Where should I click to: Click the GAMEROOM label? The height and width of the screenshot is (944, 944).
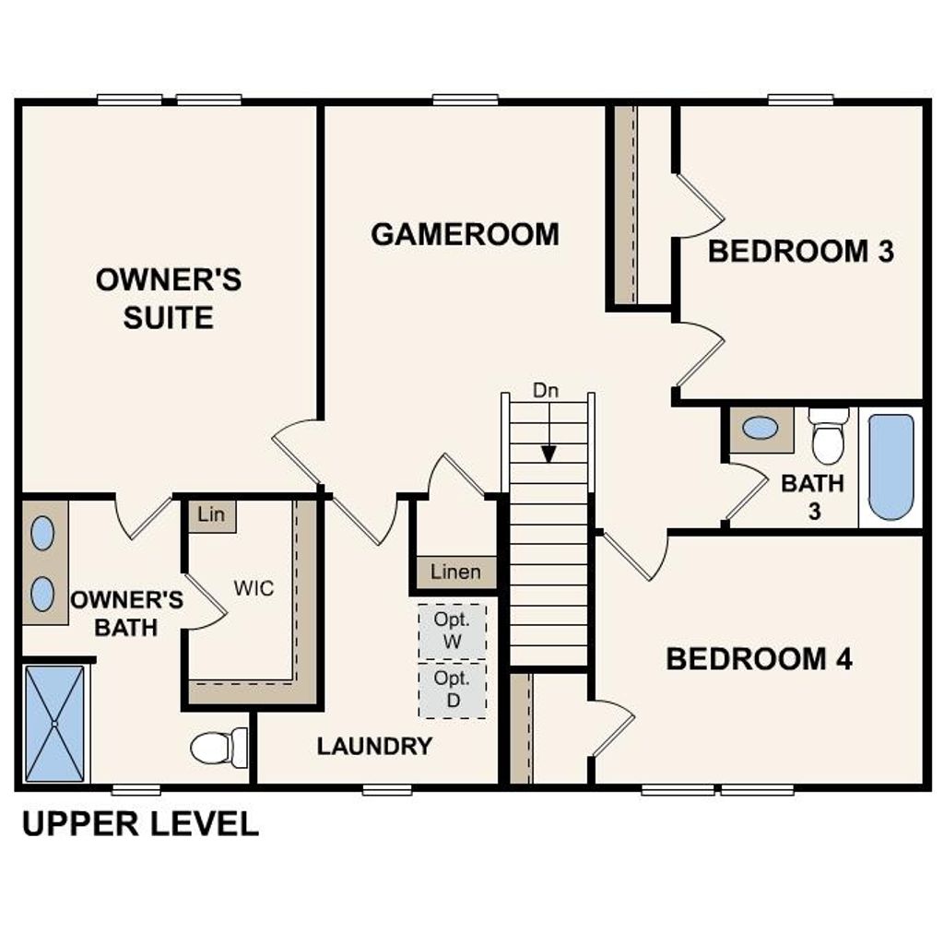pos(465,234)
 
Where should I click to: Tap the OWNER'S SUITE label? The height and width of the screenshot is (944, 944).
pos(169,298)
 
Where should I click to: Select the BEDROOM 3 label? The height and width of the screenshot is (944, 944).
pos(800,251)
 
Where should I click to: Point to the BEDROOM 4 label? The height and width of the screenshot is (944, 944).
pos(759,659)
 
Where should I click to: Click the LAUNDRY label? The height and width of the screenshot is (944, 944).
pos(374,747)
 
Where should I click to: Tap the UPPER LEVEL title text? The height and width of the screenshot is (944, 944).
pos(140,823)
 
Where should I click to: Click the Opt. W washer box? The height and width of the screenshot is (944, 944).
pos(452,631)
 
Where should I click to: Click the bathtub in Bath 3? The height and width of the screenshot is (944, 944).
pos(891,466)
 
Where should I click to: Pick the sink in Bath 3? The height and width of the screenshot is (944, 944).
pos(761,428)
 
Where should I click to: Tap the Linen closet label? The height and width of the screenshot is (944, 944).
pos(455,572)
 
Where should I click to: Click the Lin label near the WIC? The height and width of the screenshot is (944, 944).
pos(211,514)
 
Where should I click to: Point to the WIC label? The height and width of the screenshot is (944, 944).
pos(254,588)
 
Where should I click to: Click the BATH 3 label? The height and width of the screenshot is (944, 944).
pos(813,496)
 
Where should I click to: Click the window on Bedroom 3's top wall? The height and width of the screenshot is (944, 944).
pos(800,100)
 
